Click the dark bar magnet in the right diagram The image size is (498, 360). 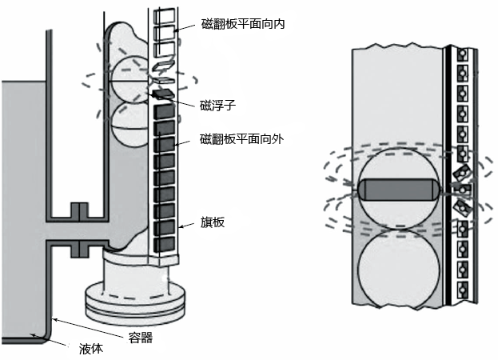pyautogui.click(x=397, y=190)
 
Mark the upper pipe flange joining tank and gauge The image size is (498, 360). pyautogui.click(x=78, y=211)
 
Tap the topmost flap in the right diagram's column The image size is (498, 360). pyautogui.click(x=462, y=56)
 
